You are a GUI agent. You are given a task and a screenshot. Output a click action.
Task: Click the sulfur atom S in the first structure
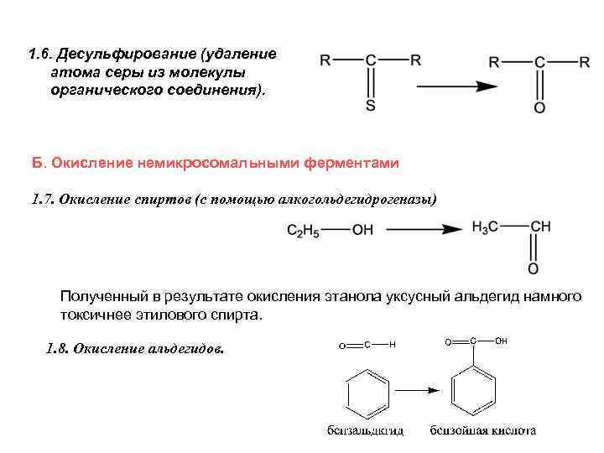tap(371, 107)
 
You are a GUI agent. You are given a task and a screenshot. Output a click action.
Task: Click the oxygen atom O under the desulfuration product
tap(539, 108)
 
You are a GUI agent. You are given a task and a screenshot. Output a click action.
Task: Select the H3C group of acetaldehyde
tap(487, 227)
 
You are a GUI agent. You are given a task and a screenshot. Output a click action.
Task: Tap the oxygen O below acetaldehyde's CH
tap(534, 269)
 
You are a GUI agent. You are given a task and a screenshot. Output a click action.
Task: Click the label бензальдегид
tap(365, 430)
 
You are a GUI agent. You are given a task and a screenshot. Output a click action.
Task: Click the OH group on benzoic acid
tap(502, 341)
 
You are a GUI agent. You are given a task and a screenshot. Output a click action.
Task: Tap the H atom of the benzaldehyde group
tap(393, 345)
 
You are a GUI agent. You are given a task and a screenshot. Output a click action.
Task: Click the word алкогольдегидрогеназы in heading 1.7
tap(356, 200)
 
